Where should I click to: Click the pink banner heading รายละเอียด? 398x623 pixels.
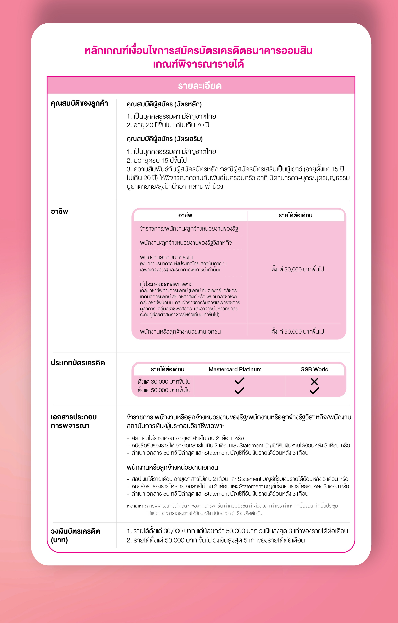click(x=200, y=86)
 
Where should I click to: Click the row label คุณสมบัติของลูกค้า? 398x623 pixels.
click(x=79, y=103)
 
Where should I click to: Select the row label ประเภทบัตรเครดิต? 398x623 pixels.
click(x=78, y=363)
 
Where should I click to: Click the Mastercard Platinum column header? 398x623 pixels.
click(x=235, y=369)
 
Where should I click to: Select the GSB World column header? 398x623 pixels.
click(x=314, y=369)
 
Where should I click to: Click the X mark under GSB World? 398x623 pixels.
click(x=314, y=381)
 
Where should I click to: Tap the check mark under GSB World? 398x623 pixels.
click(x=314, y=391)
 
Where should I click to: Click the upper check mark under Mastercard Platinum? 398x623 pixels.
click(x=240, y=381)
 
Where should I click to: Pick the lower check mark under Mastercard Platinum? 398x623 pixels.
click(x=240, y=391)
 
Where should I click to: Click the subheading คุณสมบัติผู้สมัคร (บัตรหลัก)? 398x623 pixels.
click(x=164, y=104)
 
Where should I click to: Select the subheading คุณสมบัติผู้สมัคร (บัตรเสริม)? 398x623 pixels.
click(x=164, y=139)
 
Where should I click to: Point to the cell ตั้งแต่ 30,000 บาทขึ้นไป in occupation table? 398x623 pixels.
click(x=297, y=269)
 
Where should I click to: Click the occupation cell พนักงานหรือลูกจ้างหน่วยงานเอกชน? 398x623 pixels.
click(x=180, y=331)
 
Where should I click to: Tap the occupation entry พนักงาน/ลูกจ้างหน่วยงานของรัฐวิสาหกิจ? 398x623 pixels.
click(x=186, y=243)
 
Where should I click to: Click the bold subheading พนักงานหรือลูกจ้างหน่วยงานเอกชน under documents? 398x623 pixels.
click(x=172, y=467)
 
